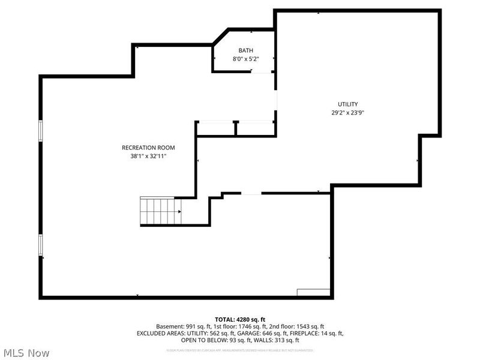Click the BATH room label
245,50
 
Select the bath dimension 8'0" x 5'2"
245,59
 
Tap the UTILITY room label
347,104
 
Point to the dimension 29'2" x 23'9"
347,112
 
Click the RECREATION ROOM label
148,148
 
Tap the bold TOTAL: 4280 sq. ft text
239,319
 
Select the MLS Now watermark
27,353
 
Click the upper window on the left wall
41,131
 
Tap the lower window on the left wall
41,245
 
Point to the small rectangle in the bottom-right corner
314,292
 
